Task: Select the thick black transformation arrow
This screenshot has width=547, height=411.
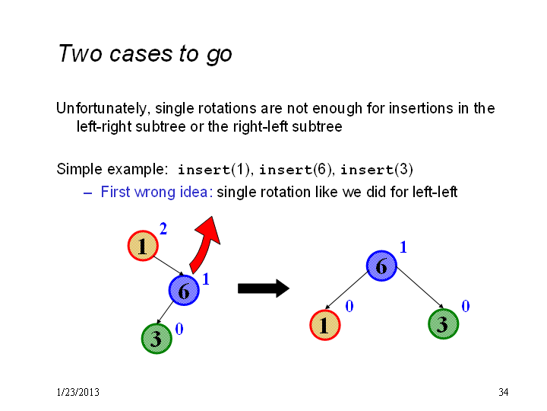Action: [264, 288]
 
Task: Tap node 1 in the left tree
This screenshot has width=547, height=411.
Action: [143, 246]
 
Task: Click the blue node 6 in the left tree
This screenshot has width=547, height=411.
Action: [184, 290]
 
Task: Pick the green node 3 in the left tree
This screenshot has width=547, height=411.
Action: [157, 338]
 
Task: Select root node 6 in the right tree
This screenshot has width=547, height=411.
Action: [381, 266]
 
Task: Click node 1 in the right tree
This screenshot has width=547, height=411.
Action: [325, 325]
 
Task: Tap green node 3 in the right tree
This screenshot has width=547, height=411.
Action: [443, 323]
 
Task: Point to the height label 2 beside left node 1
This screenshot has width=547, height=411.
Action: [163, 229]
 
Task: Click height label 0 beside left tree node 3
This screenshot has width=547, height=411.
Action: [179, 329]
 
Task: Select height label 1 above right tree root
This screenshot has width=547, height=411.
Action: [403, 247]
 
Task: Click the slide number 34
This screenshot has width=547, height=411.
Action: [503, 392]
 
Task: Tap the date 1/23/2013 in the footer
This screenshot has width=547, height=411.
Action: [77, 392]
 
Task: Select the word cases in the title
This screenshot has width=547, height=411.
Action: [141, 54]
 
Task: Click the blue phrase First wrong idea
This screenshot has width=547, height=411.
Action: [157, 192]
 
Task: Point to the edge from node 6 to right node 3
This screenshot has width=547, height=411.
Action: [420, 288]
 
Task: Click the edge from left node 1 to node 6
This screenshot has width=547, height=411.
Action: [169, 266]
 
